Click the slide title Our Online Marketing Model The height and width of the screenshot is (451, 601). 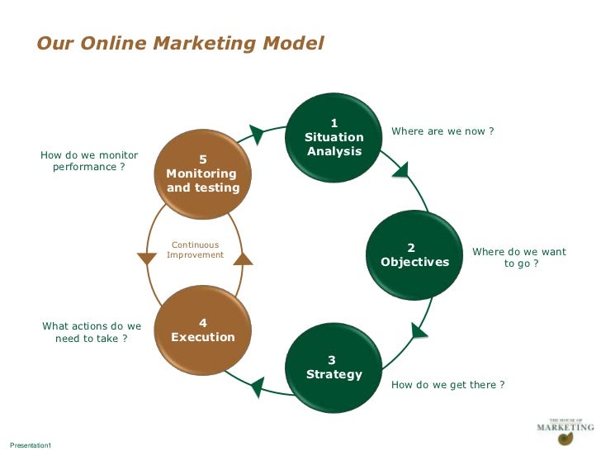(180, 43)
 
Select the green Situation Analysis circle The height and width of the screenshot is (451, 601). (334, 137)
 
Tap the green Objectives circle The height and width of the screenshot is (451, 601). (414, 254)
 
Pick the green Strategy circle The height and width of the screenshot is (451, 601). (334, 368)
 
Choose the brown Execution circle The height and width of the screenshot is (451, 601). (202, 330)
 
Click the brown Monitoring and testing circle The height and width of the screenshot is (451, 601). (202, 173)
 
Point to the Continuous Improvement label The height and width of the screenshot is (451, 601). (195, 249)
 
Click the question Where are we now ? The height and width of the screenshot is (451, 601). (442, 131)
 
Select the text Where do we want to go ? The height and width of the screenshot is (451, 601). (519, 257)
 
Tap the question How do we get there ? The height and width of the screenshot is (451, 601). (447, 385)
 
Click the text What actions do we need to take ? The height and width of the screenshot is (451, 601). (92, 332)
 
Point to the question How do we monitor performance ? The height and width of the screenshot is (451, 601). (89, 160)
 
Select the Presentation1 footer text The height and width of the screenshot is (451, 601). (31, 445)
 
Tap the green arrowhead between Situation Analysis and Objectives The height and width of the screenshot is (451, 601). (400, 169)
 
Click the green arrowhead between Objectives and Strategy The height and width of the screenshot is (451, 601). (419, 330)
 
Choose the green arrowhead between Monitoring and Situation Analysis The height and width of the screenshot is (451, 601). (257, 133)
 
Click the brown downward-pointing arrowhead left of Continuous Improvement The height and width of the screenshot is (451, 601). (147, 259)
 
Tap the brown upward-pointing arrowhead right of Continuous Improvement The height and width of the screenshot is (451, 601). (243, 259)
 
